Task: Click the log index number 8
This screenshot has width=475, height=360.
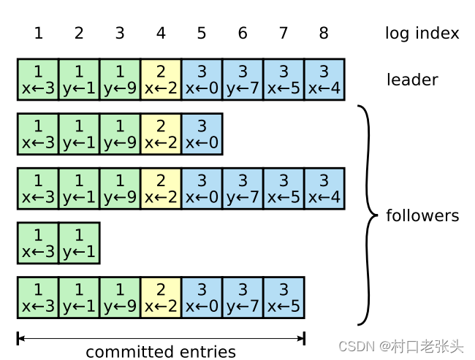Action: tap(324, 33)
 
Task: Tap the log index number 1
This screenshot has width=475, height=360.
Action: tap(38, 33)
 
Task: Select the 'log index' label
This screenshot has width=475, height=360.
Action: tap(422, 33)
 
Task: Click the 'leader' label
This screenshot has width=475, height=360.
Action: tap(412, 80)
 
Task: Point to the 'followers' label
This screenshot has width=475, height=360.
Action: tap(422, 215)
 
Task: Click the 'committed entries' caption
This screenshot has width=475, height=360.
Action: tap(161, 352)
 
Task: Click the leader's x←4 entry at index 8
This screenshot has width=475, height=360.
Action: tap(324, 80)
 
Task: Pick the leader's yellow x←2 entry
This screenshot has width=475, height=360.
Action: tap(161, 80)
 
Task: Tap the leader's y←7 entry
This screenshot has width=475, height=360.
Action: tap(243, 80)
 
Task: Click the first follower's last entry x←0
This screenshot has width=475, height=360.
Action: tap(202, 134)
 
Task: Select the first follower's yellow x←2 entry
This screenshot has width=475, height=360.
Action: tap(161, 134)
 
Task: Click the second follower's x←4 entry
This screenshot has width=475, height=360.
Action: tap(324, 188)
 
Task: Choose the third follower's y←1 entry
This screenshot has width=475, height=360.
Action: tap(79, 243)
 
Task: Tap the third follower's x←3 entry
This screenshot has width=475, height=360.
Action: tap(38, 243)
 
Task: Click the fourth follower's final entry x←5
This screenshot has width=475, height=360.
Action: tap(284, 297)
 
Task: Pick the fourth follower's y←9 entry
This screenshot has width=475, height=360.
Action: tap(120, 297)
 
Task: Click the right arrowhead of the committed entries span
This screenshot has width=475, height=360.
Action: tap(300, 337)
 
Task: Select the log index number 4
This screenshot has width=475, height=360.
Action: tap(161, 33)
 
